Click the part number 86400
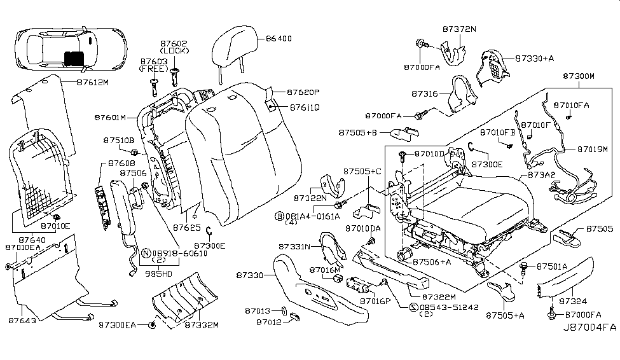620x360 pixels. tap(279, 39)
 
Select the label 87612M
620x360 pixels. tap(93, 82)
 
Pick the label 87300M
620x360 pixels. tap(578, 76)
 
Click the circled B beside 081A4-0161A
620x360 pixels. tap(279, 216)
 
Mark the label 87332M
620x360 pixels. tap(202, 325)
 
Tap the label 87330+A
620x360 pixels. tap(534, 58)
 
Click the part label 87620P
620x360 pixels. tap(303, 92)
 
